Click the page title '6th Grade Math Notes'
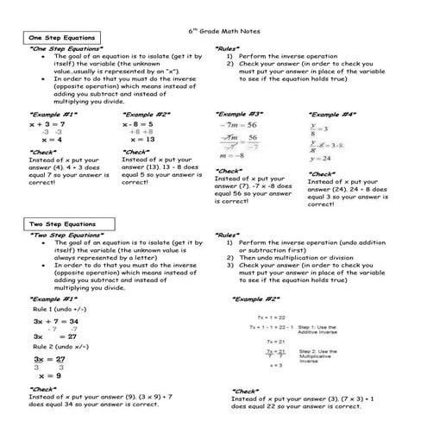click(x=213, y=28)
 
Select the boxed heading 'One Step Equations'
click(x=61, y=40)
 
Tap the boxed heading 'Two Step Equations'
click(x=61, y=224)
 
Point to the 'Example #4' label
click(x=332, y=113)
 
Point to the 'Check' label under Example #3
click(x=229, y=171)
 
